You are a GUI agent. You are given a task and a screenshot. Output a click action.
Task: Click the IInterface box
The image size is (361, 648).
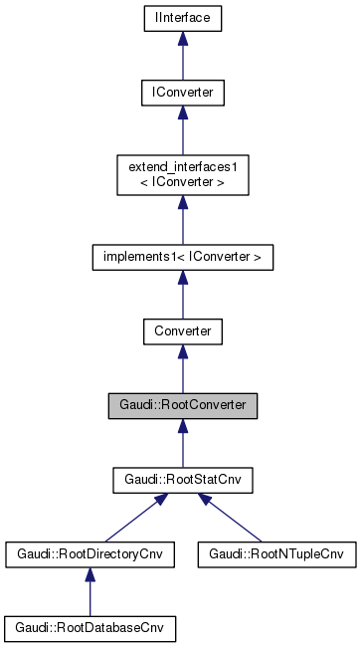click(182, 18)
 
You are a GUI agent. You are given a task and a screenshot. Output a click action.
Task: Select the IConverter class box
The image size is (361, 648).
click(182, 94)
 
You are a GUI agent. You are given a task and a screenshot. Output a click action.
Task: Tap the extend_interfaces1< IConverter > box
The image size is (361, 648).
click(182, 175)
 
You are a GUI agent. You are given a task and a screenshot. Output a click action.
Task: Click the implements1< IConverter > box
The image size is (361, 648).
click(182, 257)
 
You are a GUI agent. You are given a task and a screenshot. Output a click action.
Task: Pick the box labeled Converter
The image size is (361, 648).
click(182, 328)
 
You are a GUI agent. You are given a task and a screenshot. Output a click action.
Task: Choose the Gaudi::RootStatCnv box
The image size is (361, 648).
click(182, 481)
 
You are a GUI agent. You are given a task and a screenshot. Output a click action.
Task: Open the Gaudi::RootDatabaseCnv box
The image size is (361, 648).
click(90, 628)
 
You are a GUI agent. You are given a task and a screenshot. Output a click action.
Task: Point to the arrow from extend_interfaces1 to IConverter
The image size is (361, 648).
click(182, 134)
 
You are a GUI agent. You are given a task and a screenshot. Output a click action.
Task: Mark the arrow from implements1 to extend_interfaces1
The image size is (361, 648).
click(182, 221)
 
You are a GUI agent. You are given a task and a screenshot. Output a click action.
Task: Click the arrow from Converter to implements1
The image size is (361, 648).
click(182, 297)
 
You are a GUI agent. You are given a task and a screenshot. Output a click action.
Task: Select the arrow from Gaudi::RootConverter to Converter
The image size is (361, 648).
click(182, 370)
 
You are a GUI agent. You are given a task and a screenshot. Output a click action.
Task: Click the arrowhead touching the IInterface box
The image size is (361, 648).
click(182, 39)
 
